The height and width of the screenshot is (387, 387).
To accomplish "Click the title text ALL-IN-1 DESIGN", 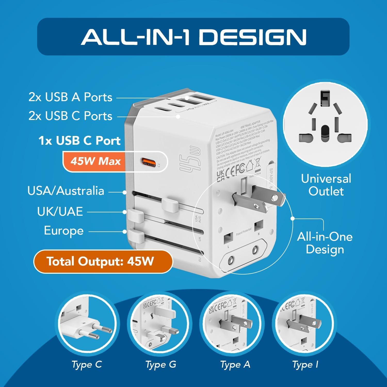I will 193,37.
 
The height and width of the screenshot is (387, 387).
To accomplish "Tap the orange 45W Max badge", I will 95,162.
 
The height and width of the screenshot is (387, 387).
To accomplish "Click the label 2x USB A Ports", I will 70,97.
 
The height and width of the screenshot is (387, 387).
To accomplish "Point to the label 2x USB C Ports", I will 70,116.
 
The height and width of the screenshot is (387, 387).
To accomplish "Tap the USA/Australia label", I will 66,191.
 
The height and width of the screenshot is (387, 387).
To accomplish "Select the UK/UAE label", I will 60,212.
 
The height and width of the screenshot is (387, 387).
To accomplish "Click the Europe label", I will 64,231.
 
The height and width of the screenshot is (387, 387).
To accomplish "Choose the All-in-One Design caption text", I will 325,243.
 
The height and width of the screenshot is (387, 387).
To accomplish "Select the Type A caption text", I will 235,365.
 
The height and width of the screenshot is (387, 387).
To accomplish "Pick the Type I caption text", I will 305,365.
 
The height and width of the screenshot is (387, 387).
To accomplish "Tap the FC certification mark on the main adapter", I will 240,168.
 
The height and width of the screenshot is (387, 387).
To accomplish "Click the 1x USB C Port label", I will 79,141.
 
